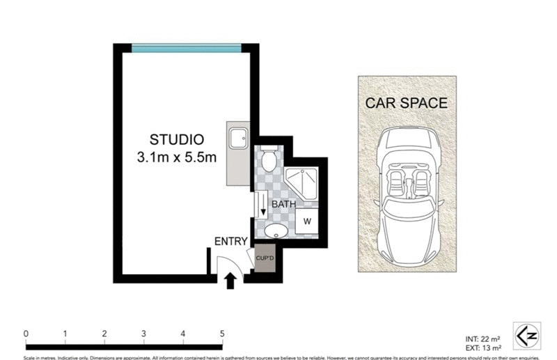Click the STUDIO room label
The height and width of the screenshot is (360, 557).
pos(177,139)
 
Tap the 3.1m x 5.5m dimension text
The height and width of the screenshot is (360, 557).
pos(177,157)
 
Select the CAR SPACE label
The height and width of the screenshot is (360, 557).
pos(407,103)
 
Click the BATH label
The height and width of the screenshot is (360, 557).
pos(283,205)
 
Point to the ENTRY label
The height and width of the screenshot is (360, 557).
pos(230,242)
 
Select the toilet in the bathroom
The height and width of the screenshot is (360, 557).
pos(269,159)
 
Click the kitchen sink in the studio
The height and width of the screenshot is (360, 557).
pos(237,139)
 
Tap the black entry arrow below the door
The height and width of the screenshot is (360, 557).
pos(230,280)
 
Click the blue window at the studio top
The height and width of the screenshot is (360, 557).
pos(187,49)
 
